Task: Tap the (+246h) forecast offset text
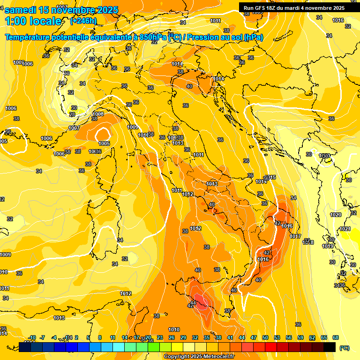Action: (x=83, y=21)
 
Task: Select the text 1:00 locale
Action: (x=33, y=21)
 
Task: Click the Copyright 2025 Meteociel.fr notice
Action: (x=199, y=357)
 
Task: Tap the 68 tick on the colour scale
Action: (x=336, y=337)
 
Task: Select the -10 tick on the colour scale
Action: (x=32, y=337)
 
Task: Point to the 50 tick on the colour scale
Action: (x=265, y=337)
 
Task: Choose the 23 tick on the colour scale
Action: (x=160, y=337)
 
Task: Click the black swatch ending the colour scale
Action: (x=330, y=347)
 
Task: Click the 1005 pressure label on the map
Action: (x=104, y=143)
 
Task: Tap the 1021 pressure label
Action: (x=345, y=229)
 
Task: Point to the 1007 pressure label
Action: (x=74, y=128)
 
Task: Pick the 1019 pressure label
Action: (x=328, y=246)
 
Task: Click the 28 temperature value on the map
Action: (x=72, y=114)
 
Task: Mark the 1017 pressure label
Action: (x=295, y=236)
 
